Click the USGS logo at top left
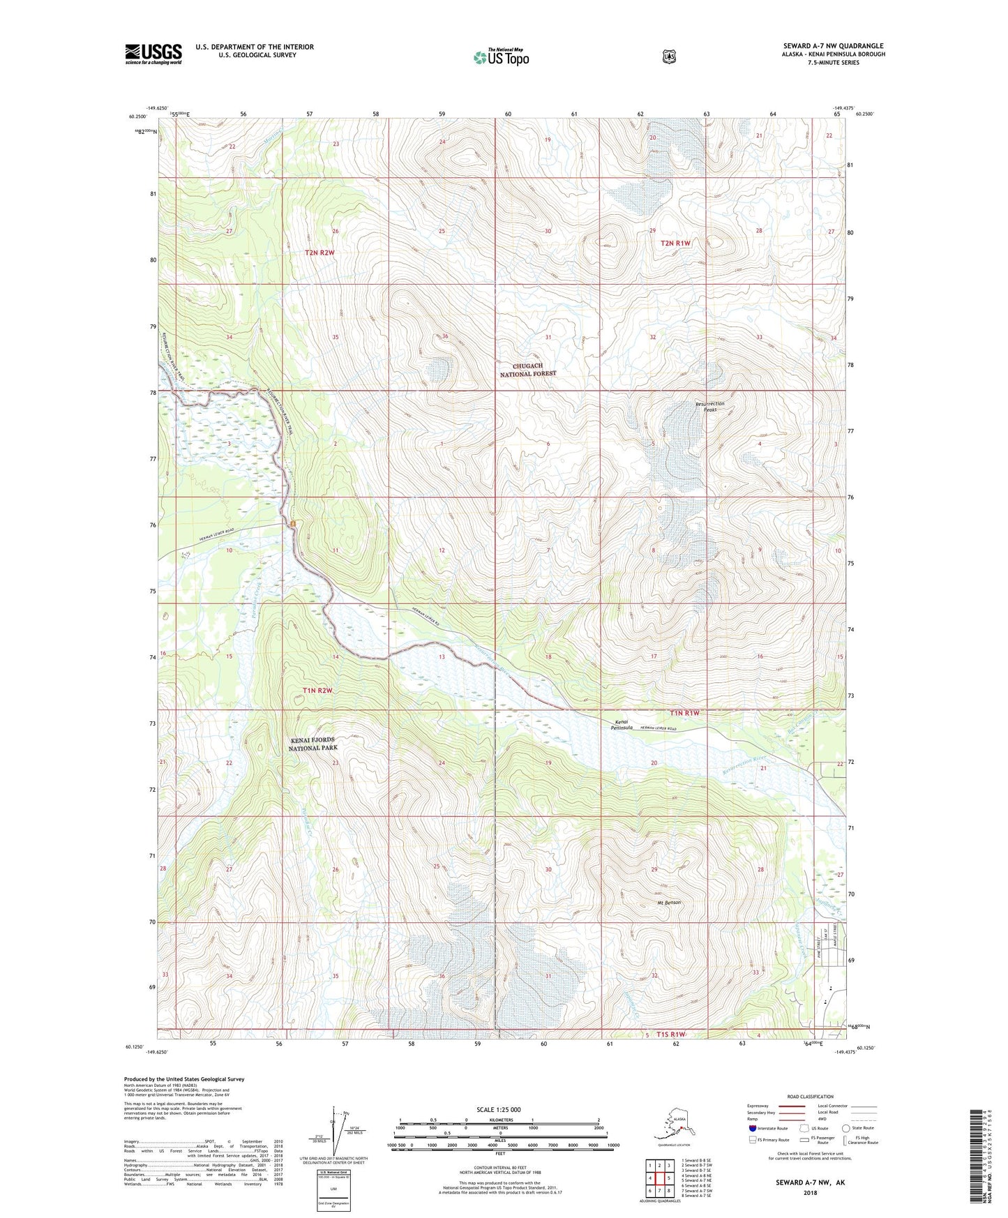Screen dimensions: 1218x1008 (x=153, y=54)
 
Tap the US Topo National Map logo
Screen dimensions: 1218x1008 (x=501, y=57)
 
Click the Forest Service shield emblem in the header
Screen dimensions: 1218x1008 (x=668, y=56)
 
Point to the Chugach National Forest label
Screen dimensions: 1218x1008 (x=528, y=369)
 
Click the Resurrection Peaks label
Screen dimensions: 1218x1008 (x=710, y=407)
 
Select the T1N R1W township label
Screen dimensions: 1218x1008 (x=684, y=713)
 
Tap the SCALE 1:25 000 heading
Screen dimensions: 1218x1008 (x=499, y=1109)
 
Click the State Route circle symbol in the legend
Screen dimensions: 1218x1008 (x=845, y=1128)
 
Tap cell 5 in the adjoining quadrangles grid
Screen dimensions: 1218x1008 (x=669, y=1178)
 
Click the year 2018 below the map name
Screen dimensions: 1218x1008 (x=811, y=1192)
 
